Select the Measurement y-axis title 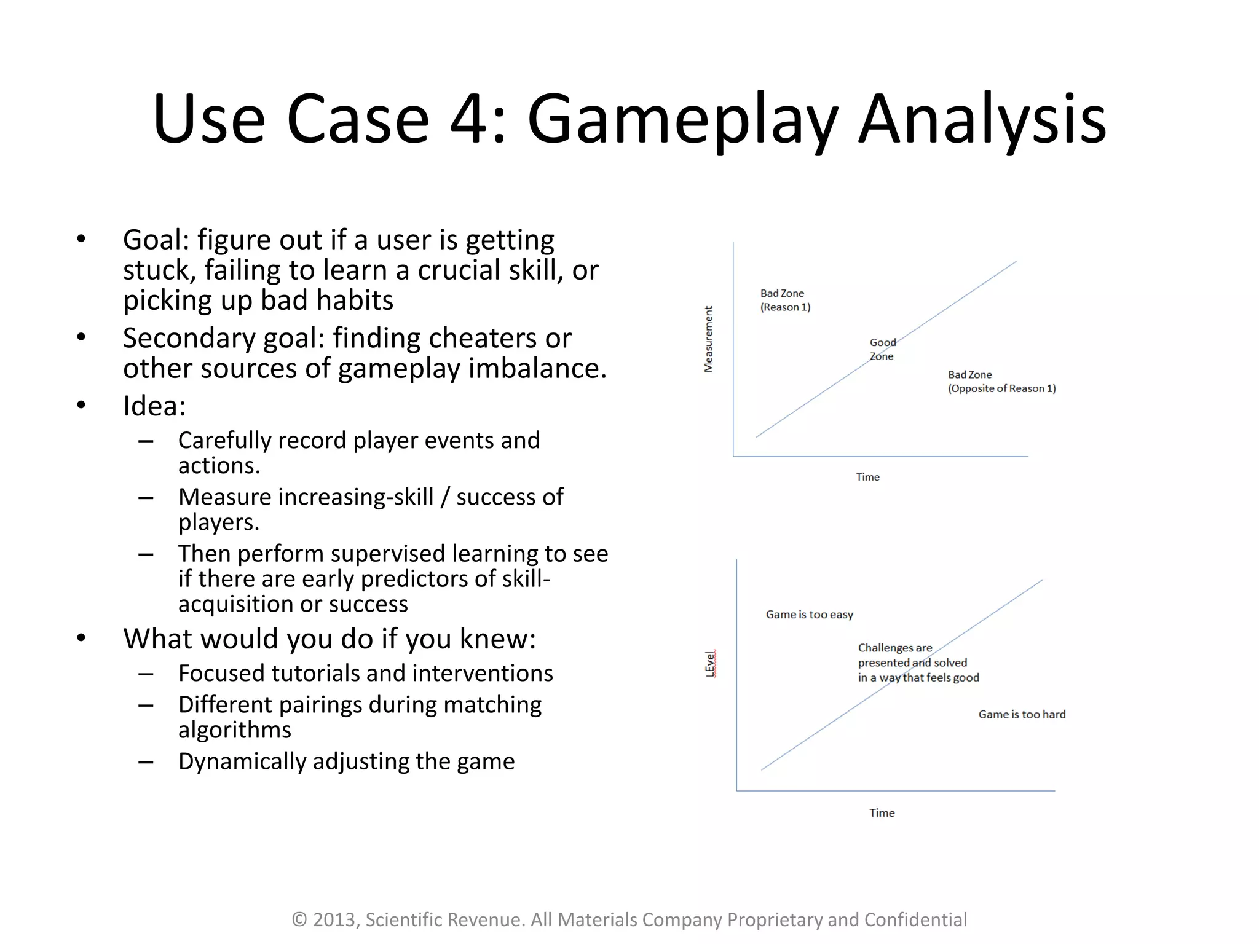tap(708, 339)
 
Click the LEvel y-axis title tap(710, 664)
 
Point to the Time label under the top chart tap(867, 477)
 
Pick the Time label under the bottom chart tap(882, 813)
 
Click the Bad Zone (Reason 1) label tap(785, 301)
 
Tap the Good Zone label tap(882, 349)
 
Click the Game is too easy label tap(809, 615)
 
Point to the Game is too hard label tap(1022, 714)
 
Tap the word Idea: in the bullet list tap(154, 406)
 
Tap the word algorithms tap(234, 730)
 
